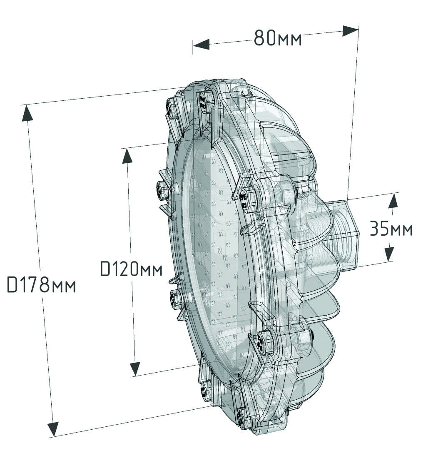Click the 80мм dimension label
[278, 38]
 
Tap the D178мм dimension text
[41, 285]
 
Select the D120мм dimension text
[132, 268]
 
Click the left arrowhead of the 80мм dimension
[201, 44]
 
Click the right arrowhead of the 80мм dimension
[350, 30]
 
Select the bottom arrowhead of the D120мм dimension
[135, 369]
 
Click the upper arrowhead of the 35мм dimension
[393, 202]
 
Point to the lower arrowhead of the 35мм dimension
[389, 254]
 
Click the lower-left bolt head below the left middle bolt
[176, 299]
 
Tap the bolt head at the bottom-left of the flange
[206, 392]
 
